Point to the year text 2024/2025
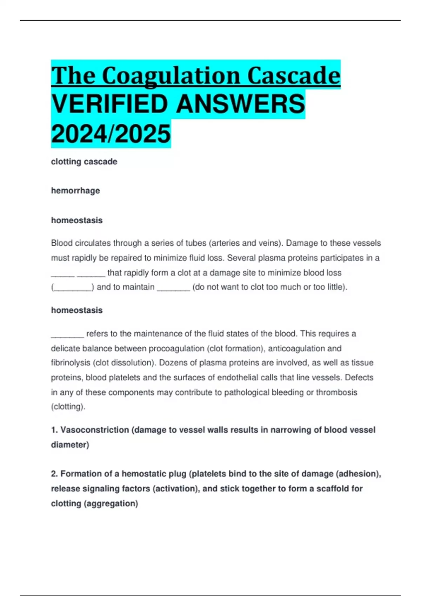(111, 134)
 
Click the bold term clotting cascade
(84, 162)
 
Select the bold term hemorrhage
(75, 191)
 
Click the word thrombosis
(336, 392)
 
